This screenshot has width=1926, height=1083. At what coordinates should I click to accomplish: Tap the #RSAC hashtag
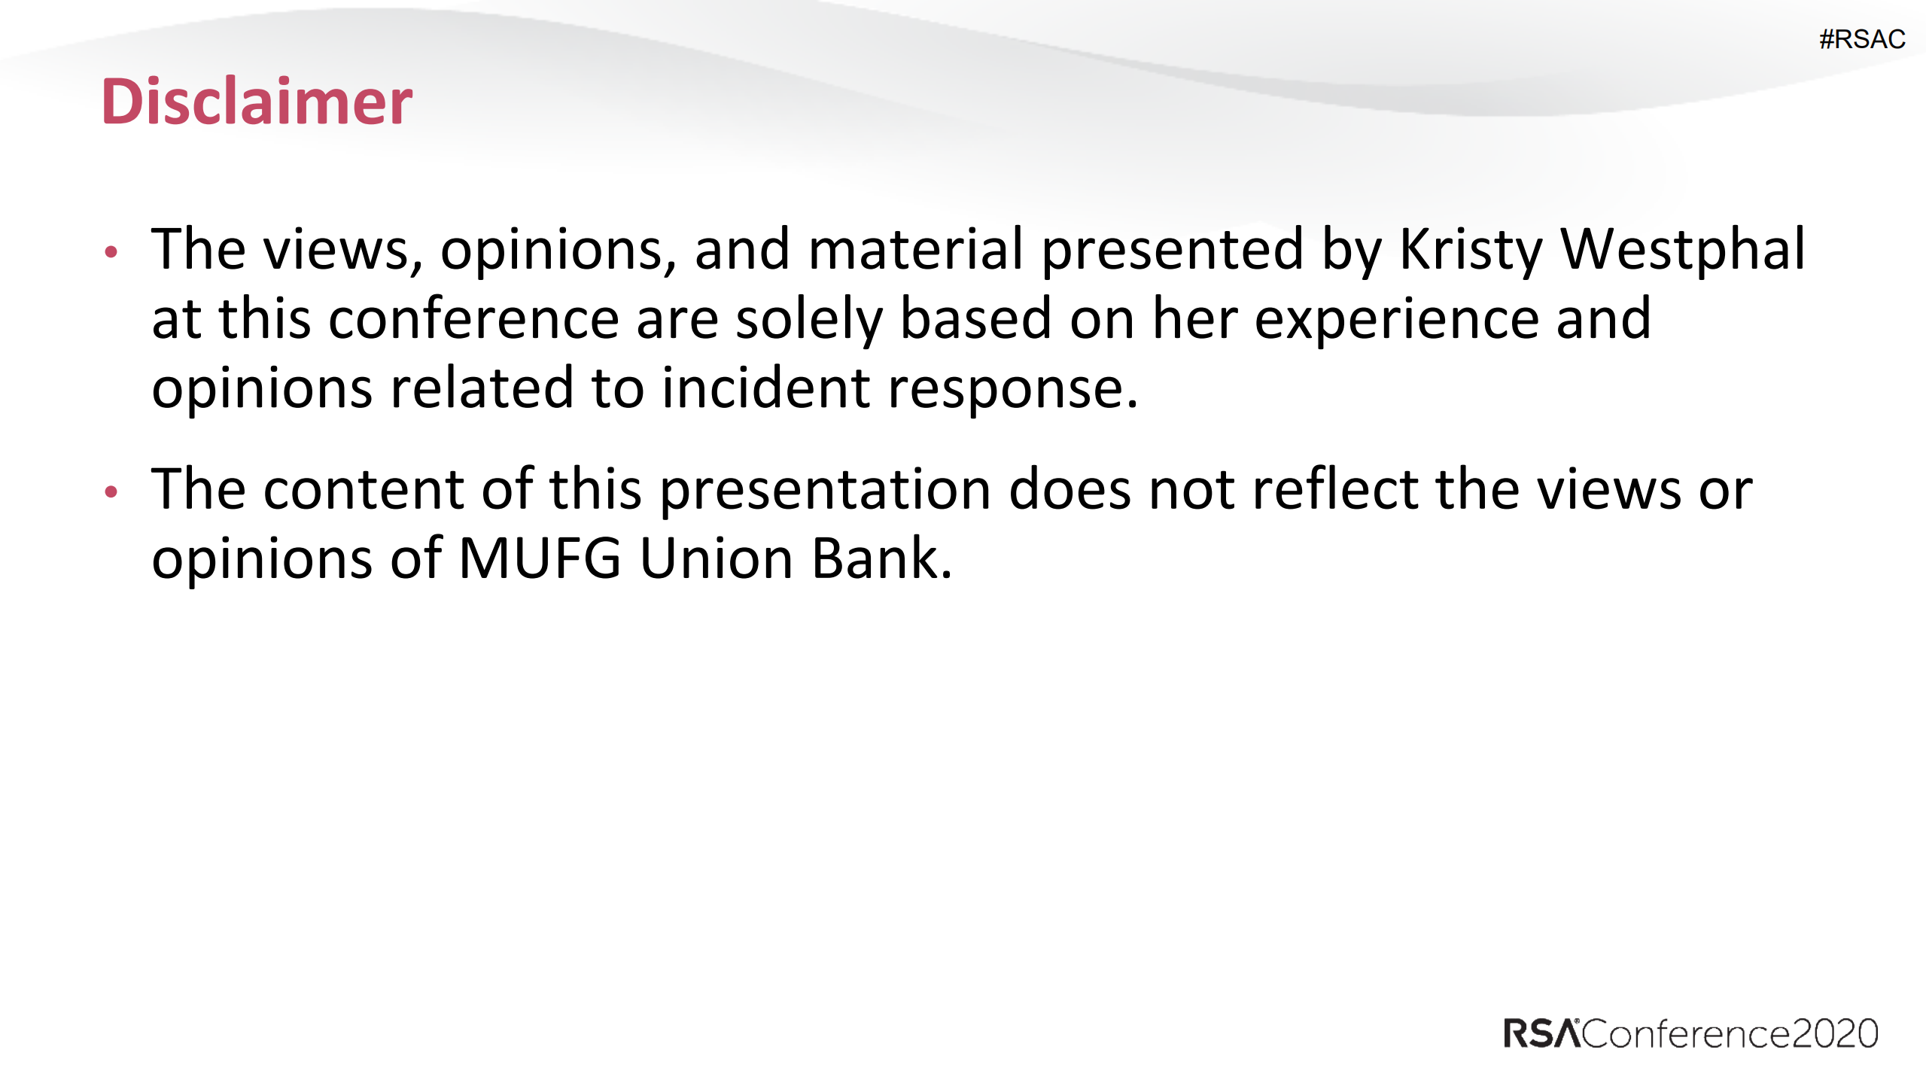[x=1862, y=39]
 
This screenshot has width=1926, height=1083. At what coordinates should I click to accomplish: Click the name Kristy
[x=1471, y=251]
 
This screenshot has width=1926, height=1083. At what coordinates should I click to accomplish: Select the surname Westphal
[x=1683, y=251]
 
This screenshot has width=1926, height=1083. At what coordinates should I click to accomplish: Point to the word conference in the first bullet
[x=473, y=318]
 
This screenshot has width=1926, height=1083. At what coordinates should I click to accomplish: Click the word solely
[x=809, y=320]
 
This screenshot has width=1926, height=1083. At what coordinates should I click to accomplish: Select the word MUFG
[x=540, y=558]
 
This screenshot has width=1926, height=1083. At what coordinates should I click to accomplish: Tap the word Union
[x=717, y=558]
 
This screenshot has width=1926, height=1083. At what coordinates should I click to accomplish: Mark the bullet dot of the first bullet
[x=111, y=252]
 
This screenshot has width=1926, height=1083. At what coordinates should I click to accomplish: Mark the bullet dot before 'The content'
[x=111, y=492]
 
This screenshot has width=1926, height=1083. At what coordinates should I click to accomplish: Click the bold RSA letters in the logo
[x=1541, y=1033]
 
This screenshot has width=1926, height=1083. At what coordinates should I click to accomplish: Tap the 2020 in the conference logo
[x=1835, y=1033]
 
